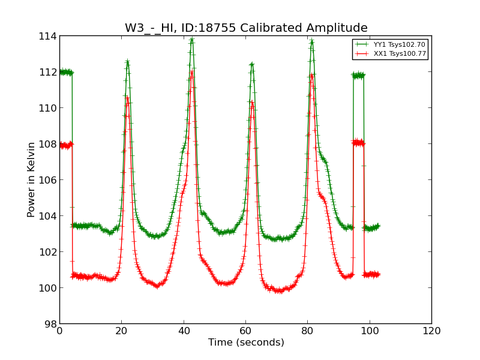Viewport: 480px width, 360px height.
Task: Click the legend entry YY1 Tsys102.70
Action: pyautogui.click(x=400, y=44)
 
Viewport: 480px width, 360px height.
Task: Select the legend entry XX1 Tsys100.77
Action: pyautogui.click(x=400, y=54)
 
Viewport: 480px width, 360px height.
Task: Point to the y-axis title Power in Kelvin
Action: pyautogui.click(x=31, y=179)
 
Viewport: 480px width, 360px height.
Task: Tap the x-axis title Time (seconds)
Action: pyautogui.click(x=246, y=343)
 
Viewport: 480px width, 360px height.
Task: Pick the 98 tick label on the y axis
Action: pyautogui.click(x=50, y=323)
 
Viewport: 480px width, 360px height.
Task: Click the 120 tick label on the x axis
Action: pyautogui.click(x=431, y=331)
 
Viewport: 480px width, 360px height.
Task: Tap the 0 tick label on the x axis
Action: pyautogui.click(x=59, y=331)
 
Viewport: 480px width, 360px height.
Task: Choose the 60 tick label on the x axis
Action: pyautogui.click(x=245, y=331)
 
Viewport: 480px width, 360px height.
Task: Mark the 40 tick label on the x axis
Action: pyautogui.click(x=184, y=331)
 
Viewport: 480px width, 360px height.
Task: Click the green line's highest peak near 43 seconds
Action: pyautogui.click(x=192, y=40)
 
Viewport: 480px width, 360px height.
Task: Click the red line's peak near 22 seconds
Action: pyautogui.click(x=127, y=97)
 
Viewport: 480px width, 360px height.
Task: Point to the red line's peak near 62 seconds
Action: pyautogui.click(x=252, y=103)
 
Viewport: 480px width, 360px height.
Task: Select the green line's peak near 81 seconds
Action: pyautogui.click(x=312, y=41)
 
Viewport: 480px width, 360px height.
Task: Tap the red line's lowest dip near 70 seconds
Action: pyautogui.click(x=279, y=291)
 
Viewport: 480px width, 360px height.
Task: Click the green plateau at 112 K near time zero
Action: pyautogui.click(x=65, y=72)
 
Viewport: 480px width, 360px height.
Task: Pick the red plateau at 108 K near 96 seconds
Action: pyautogui.click(x=358, y=143)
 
